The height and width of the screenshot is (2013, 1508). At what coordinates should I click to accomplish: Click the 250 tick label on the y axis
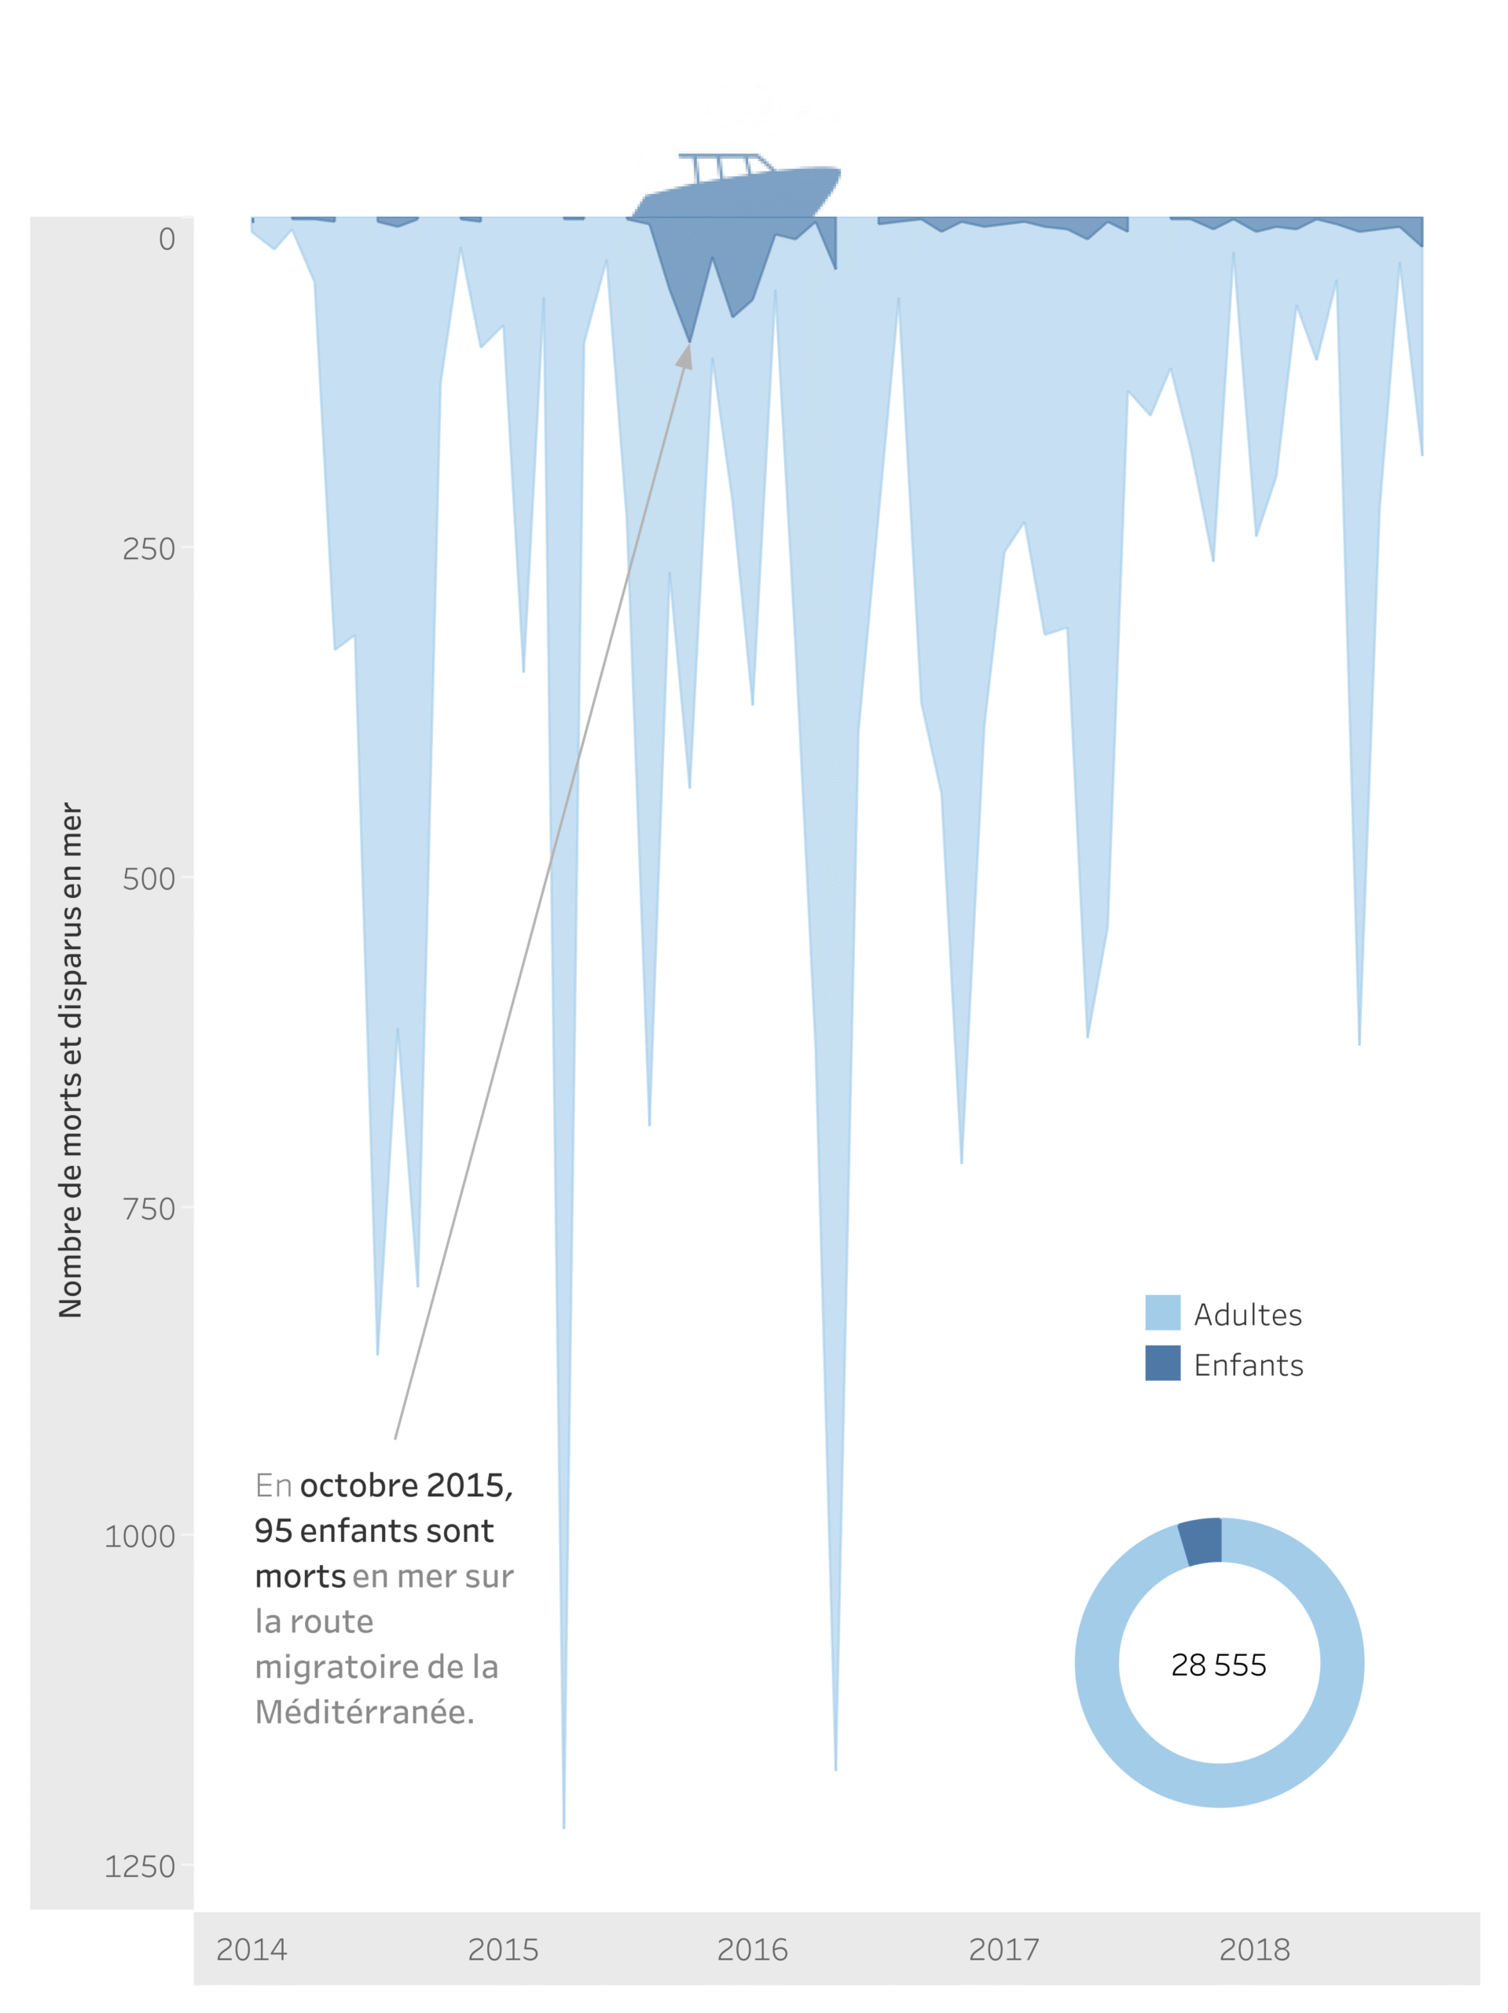point(149,549)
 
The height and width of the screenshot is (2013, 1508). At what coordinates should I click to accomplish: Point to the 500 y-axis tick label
point(149,878)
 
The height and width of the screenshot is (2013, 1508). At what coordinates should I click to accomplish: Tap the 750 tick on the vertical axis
point(149,1209)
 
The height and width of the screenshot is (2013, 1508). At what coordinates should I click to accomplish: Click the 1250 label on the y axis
point(139,1866)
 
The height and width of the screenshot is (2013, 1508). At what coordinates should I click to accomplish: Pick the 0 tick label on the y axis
point(167,238)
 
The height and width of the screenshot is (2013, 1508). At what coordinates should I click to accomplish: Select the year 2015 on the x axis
point(503,1949)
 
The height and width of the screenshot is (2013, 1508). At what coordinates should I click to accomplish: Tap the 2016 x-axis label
point(752,1949)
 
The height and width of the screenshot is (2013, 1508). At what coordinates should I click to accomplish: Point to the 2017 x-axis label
point(1003,1949)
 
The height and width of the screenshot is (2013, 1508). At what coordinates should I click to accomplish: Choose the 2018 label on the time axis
point(1254,1949)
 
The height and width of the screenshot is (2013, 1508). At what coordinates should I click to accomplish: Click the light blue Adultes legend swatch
point(1162,1312)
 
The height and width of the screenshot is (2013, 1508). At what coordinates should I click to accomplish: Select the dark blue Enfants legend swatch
point(1162,1363)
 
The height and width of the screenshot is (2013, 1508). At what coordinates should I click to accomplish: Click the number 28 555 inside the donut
point(1219,1665)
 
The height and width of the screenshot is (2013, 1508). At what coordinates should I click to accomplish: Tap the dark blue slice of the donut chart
point(1202,1542)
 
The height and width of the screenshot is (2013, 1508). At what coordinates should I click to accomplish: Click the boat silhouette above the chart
point(737,186)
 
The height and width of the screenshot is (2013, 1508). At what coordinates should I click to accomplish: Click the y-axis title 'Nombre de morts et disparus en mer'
point(70,1059)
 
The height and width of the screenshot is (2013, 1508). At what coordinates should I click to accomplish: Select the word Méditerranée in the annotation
point(364,1712)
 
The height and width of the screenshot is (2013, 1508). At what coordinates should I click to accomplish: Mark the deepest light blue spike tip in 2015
point(564,1824)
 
